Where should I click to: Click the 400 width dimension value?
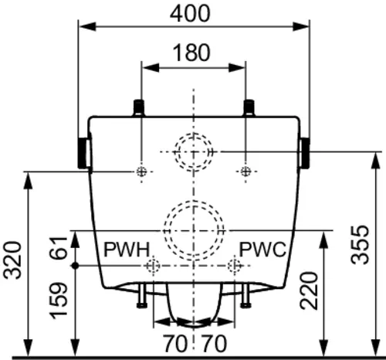[190, 13]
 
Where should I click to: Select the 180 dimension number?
[191, 53]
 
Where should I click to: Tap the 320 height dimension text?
[12, 260]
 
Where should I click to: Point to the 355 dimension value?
[360, 245]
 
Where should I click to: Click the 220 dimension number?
[309, 290]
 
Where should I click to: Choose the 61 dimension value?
[59, 247]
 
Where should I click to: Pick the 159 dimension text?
[59, 301]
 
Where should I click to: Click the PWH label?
[127, 250]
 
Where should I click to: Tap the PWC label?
[262, 250]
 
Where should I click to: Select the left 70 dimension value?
[175, 343]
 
